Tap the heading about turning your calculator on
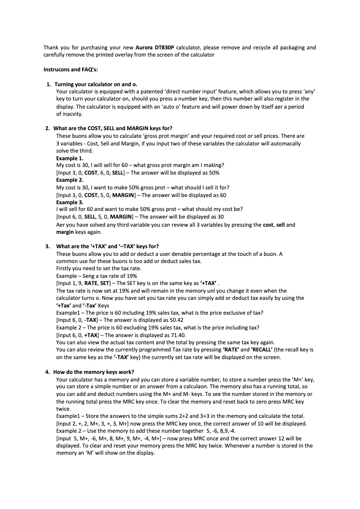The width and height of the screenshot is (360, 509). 96,84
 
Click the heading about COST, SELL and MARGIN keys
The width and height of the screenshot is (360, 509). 114,128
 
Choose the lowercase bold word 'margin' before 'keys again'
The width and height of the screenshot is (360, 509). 65,232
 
